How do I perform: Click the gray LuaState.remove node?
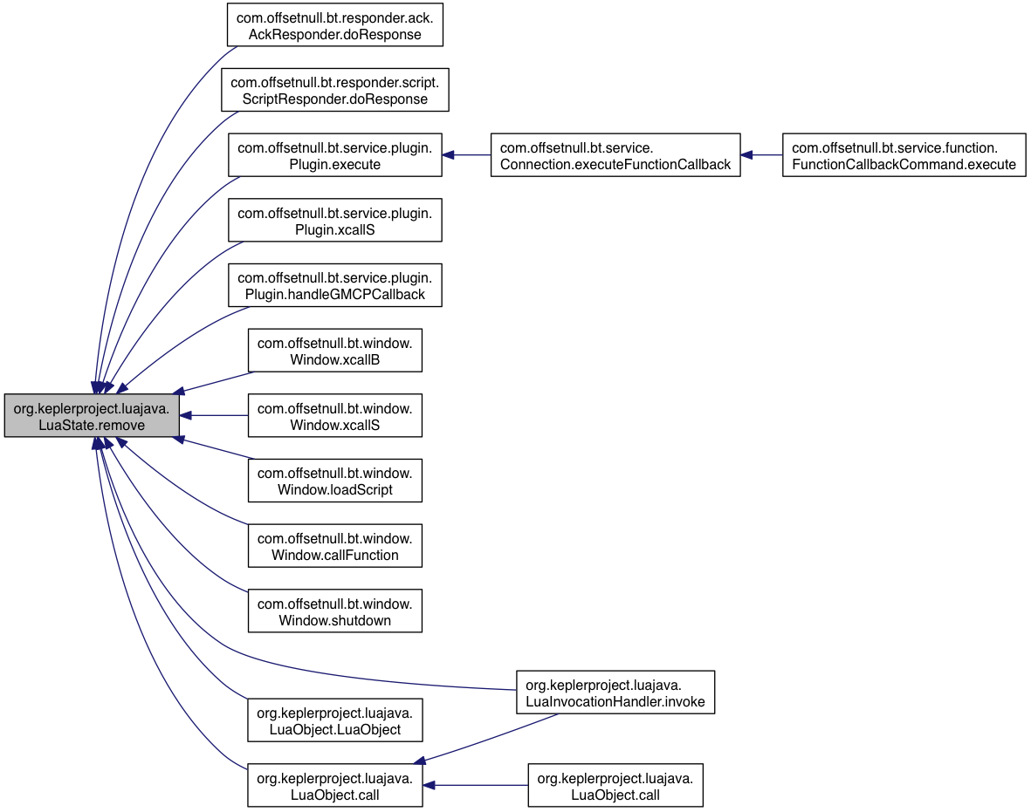[x=92, y=415]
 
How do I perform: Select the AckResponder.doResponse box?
[x=334, y=25]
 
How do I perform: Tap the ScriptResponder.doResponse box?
[x=334, y=90]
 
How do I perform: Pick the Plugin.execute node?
[x=334, y=155]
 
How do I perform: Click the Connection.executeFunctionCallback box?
[x=615, y=155]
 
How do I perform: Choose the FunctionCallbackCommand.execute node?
[x=904, y=155]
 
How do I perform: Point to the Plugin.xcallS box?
[x=334, y=220]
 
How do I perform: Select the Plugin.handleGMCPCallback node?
[x=334, y=285]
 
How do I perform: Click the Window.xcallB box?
[x=334, y=350]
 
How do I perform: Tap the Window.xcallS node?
[x=334, y=415]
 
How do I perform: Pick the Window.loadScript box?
[x=334, y=481]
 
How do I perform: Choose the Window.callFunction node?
[x=334, y=546]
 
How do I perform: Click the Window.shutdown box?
[x=334, y=611]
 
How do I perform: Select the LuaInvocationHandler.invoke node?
[x=615, y=693]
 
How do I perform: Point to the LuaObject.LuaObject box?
[x=334, y=720]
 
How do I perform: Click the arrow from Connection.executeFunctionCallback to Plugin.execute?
[x=466, y=155]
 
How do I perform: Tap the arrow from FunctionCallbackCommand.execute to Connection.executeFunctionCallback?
[x=761, y=155]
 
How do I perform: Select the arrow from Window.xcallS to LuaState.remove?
[x=214, y=415]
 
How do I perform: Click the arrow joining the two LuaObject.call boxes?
[x=475, y=785]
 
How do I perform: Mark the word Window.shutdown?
[x=334, y=620]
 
